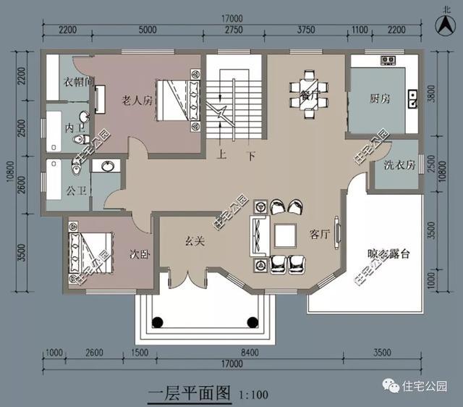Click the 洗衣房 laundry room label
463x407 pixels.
click(x=400, y=164)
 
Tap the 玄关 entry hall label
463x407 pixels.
click(x=193, y=241)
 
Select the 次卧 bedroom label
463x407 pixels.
click(x=139, y=255)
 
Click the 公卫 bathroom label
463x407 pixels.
click(x=75, y=193)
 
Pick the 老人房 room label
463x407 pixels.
click(x=136, y=101)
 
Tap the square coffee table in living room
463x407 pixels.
click(x=283, y=235)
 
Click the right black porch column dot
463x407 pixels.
click(x=252, y=322)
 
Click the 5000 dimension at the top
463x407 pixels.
click(x=147, y=30)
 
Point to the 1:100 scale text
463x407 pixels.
click(x=252, y=395)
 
